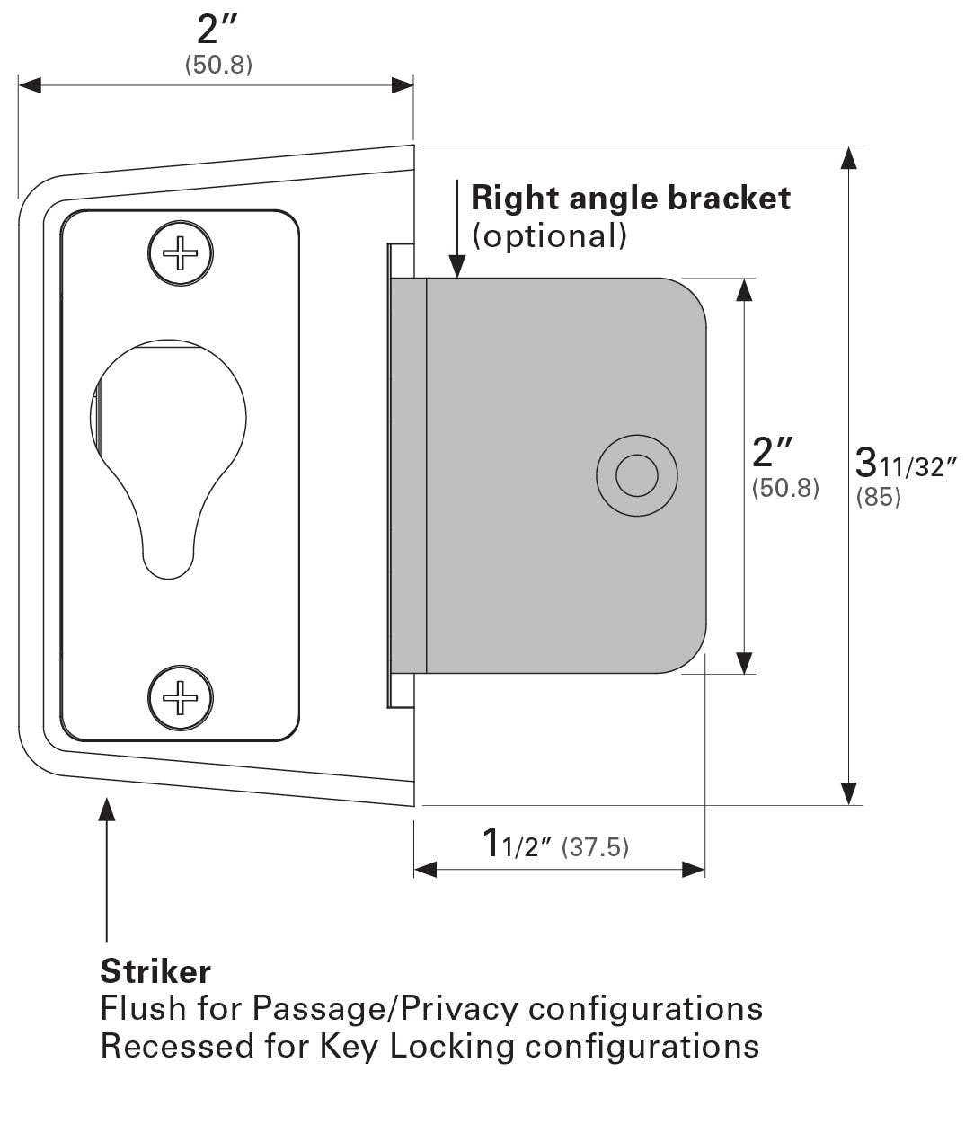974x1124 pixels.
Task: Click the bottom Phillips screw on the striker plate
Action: (x=181, y=697)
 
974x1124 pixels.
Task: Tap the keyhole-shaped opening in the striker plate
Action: (x=168, y=449)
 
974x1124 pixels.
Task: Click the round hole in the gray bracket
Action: (x=637, y=474)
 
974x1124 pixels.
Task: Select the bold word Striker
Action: (x=155, y=971)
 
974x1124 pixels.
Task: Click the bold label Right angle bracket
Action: (x=631, y=198)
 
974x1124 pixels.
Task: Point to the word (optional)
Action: (x=549, y=235)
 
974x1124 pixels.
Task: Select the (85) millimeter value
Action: (x=878, y=497)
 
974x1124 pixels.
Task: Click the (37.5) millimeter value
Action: (x=595, y=847)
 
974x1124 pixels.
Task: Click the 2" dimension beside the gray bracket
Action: (x=774, y=452)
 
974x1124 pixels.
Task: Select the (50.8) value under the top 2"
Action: (x=218, y=66)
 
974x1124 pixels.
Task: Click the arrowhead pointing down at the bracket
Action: (x=456, y=267)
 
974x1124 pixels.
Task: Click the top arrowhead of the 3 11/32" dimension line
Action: (x=847, y=158)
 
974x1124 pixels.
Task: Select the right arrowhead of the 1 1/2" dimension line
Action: (x=694, y=869)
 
